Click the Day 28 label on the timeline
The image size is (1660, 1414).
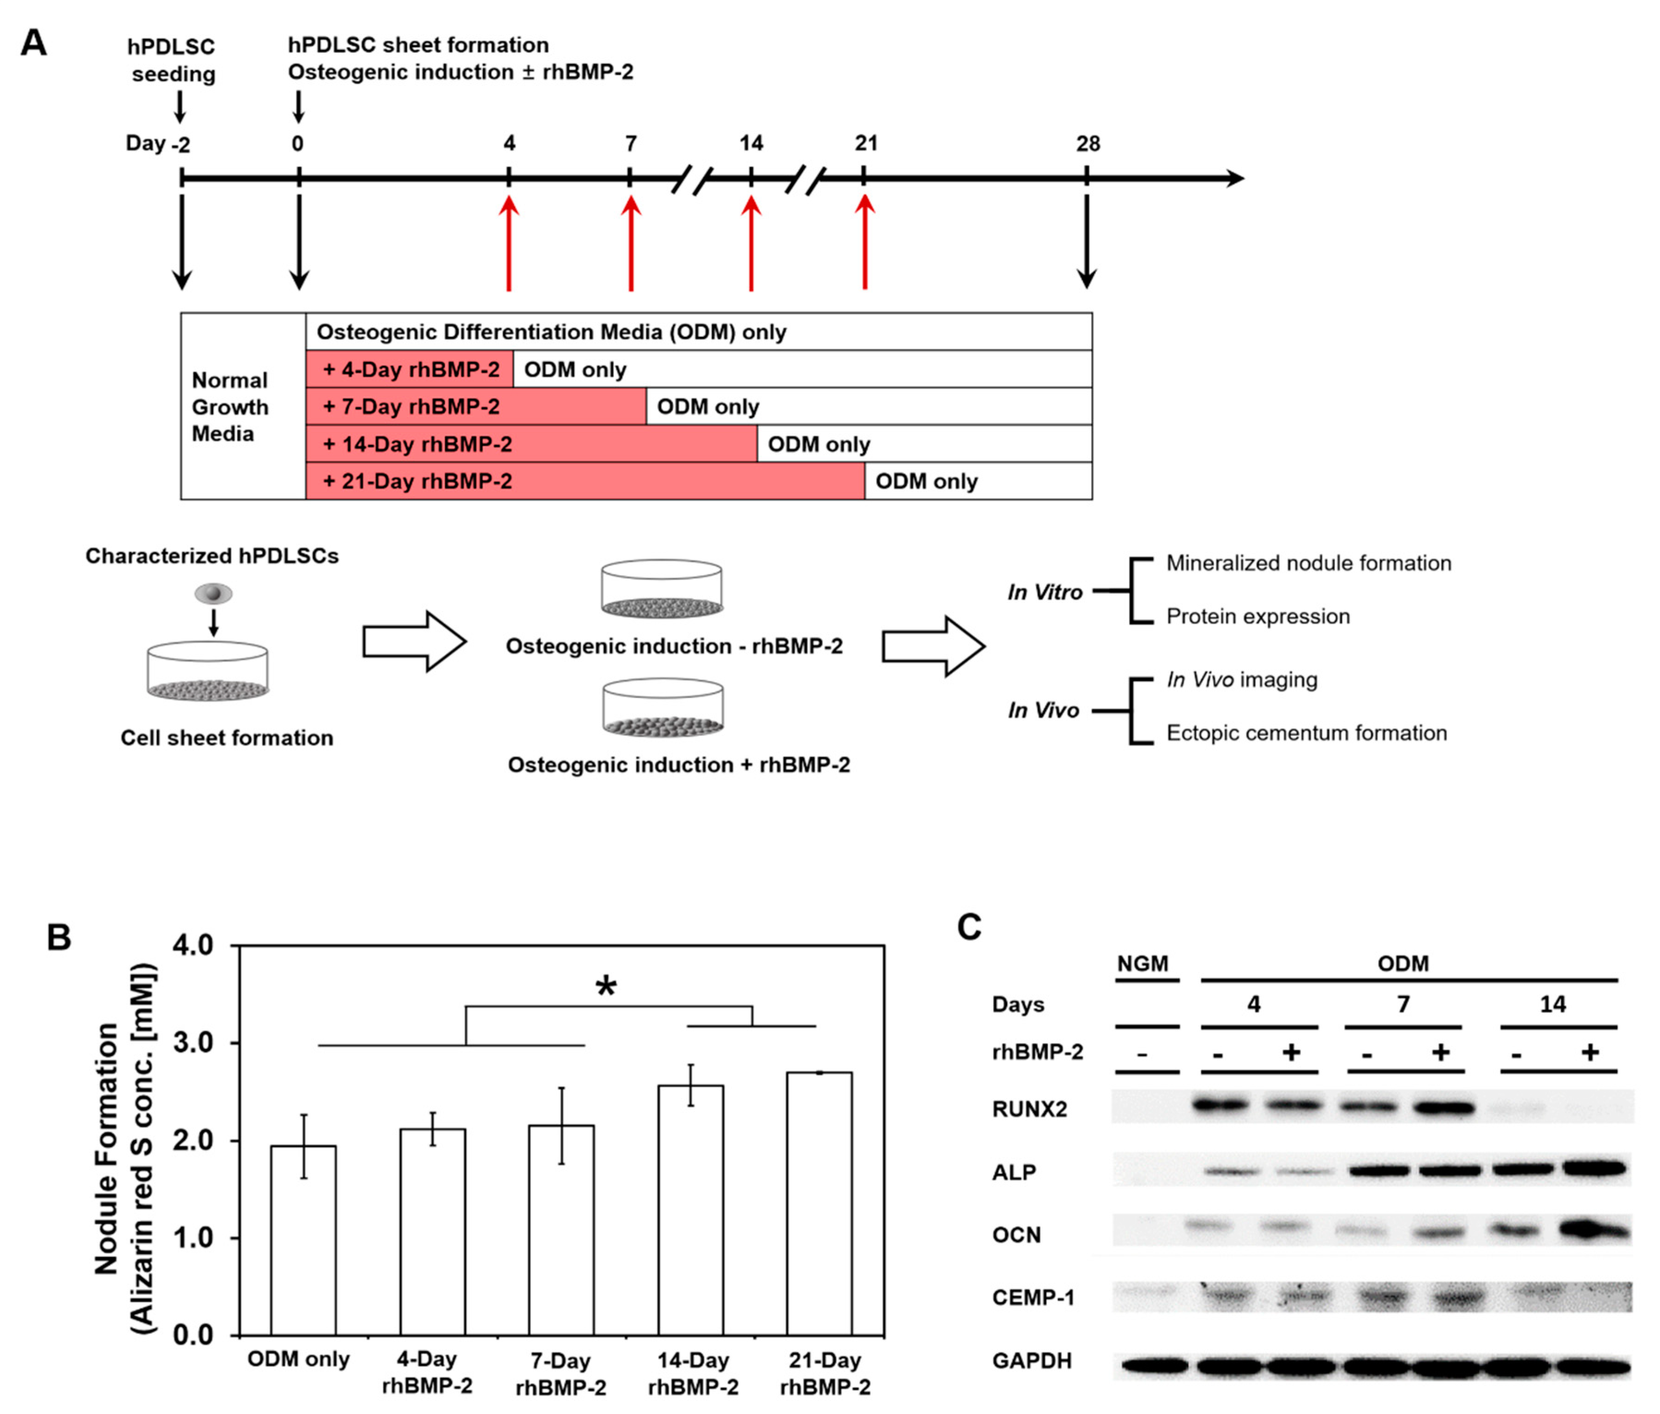[1087, 144]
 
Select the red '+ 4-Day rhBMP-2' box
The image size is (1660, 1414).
[409, 369]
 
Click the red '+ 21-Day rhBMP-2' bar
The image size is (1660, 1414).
[585, 481]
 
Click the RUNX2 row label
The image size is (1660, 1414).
[1029, 1109]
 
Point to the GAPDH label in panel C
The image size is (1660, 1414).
[1031, 1360]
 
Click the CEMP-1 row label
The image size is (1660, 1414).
[1033, 1297]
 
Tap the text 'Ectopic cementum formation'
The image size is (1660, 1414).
[1306, 733]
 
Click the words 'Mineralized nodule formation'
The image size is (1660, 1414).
[1308, 563]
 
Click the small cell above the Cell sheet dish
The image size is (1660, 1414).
[213, 593]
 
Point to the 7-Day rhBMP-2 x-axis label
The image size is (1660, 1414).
[561, 1373]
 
